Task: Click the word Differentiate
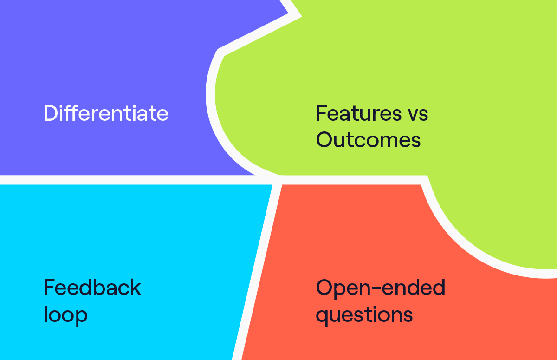pos(106,113)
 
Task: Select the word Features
pos(358,113)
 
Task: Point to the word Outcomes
pos(368,139)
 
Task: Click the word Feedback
pos(92,288)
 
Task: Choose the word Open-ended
pos(381,288)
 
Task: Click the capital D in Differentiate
pos(51,113)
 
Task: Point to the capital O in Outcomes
pos(324,139)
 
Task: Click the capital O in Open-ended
pos(324,288)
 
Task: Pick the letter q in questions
pos(322,317)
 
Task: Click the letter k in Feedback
pos(135,288)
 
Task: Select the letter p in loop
pos(81,317)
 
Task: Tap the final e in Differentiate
pos(162,115)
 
